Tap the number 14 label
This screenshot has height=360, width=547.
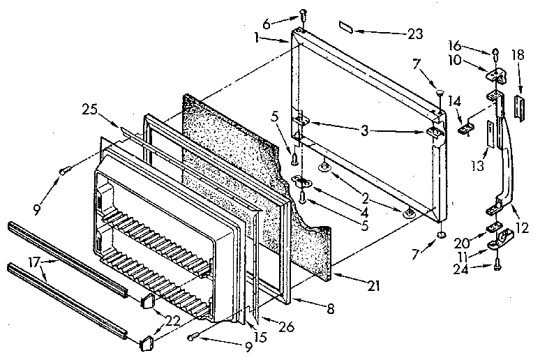(x=456, y=103)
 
